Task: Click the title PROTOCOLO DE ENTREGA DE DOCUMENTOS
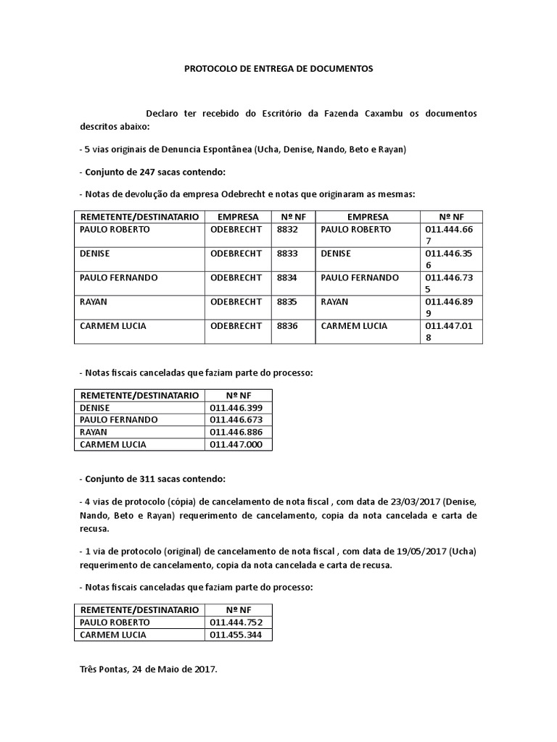(x=278, y=69)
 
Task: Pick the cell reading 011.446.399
(x=236, y=408)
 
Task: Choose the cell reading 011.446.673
(x=236, y=420)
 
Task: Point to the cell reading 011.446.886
(x=236, y=433)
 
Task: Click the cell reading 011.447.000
(x=236, y=445)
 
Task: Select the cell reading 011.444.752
(x=236, y=622)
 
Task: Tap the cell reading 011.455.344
(x=236, y=635)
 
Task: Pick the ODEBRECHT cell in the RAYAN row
(x=236, y=302)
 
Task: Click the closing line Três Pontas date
(x=149, y=670)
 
